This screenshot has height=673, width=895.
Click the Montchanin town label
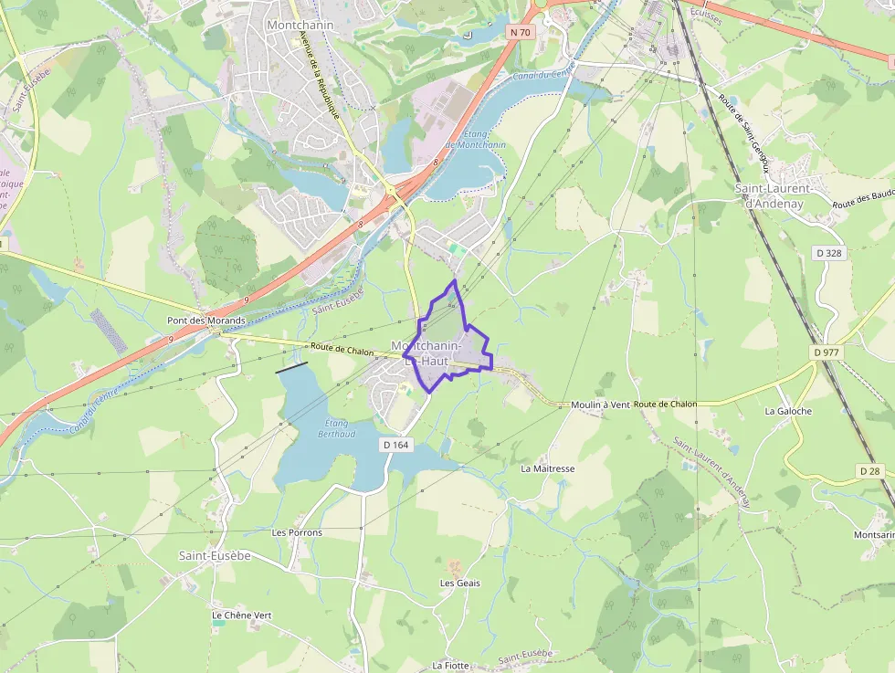[x=300, y=25]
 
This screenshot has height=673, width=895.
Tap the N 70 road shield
[x=521, y=32]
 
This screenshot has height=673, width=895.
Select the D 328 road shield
[x=829, y=253]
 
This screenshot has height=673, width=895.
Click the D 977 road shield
[x=827, y=352]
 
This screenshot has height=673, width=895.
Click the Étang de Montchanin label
[x=475, y=139]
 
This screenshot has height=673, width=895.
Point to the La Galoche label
[x=788, y=411]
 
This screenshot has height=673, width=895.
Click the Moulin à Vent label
[x=601, y=405]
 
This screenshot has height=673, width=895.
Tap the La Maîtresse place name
[x=547, y=468]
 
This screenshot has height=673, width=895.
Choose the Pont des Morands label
[x=206, y=321]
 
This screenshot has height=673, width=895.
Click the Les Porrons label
[x=297, y=531]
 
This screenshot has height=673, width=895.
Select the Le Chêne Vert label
[x=241, y=615]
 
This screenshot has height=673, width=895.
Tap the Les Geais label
[x=459, y=583]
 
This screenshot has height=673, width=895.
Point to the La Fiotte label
[x=450, y=666]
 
